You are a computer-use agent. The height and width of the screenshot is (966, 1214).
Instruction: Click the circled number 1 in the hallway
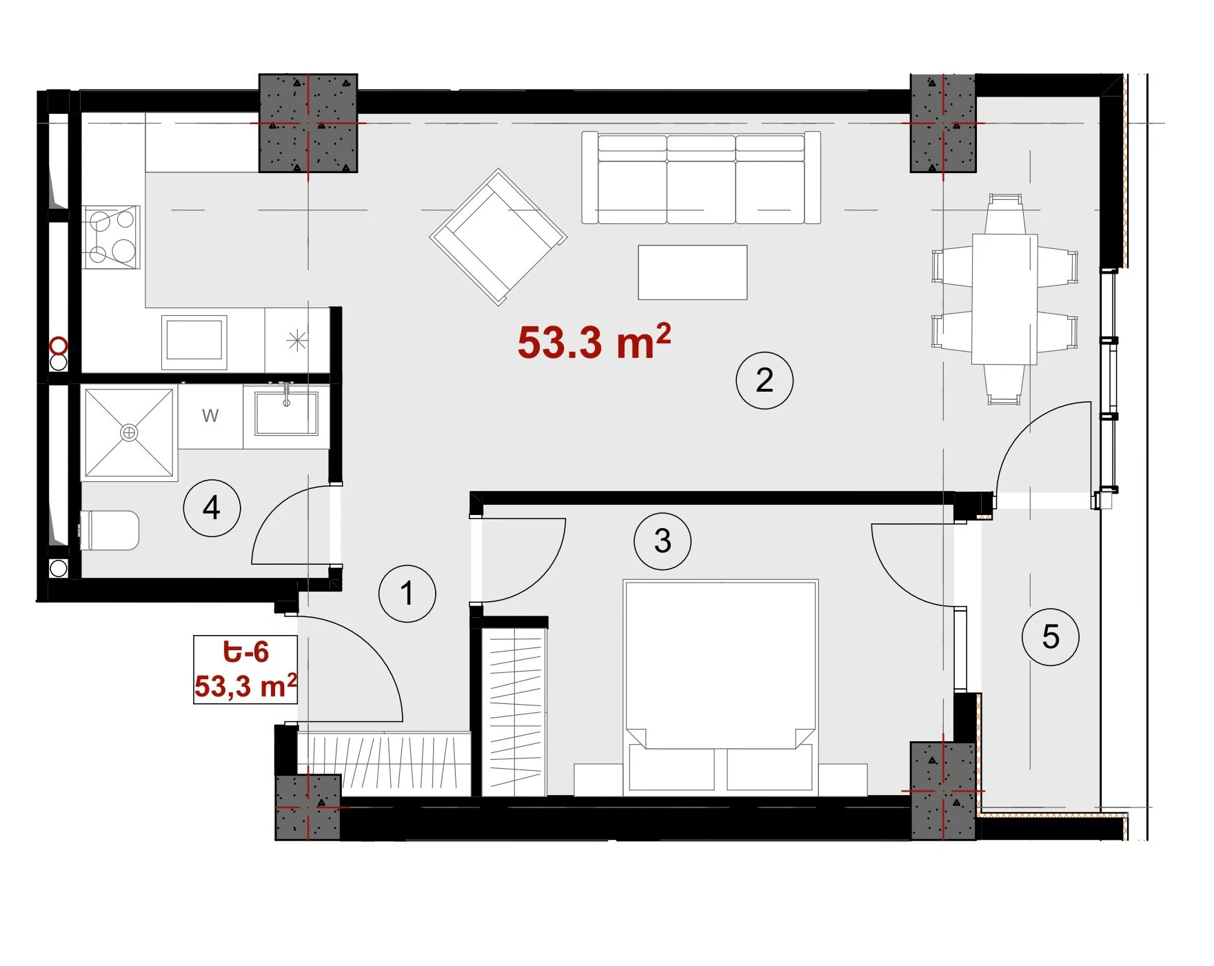407,594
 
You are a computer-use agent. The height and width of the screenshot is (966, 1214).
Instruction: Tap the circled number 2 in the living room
765,380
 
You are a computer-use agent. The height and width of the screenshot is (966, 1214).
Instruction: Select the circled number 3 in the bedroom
662,541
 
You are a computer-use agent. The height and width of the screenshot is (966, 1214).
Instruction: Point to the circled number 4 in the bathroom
212,508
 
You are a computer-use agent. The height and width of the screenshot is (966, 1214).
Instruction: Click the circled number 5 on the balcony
1051,636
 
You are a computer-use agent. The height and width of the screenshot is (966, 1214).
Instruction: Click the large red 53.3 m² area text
594,341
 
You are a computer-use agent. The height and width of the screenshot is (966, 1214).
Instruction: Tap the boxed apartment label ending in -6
245,669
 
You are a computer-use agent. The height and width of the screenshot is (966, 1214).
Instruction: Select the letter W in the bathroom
210,416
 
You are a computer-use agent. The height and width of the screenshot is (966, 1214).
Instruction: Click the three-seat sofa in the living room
701,178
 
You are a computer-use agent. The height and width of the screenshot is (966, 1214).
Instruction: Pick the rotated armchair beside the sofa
498,237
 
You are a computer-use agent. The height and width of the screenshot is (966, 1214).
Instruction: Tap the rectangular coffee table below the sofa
693,272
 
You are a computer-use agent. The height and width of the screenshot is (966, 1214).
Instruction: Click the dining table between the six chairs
1004,299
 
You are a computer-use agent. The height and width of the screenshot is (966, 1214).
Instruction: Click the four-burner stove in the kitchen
111,237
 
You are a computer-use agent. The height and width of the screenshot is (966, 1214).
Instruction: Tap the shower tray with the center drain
129,432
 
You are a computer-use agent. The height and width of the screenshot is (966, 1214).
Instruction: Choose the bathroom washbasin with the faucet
287,412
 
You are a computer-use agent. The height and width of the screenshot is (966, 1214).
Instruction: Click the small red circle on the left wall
59,345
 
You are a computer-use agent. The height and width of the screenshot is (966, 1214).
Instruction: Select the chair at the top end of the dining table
1004,214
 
